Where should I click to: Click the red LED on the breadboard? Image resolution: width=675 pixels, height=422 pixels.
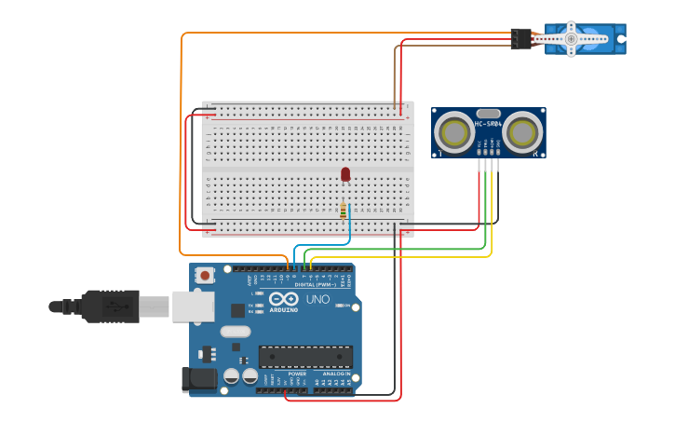coord(345,174)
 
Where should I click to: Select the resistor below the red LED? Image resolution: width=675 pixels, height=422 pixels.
coord(344,210)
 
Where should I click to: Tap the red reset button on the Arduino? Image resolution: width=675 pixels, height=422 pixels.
coord(204,275)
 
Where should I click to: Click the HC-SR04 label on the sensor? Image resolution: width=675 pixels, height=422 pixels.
coord(488,123)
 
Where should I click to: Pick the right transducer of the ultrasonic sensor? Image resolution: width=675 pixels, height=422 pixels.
coord(522,132)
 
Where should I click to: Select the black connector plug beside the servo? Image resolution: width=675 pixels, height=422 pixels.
coord(520,38)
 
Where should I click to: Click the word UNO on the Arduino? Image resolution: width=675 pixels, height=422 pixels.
coord(317,299)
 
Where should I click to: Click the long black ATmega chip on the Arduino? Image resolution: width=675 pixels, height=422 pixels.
coord(305,357)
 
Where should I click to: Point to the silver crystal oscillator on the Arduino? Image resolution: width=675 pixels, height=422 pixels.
coord(236,331)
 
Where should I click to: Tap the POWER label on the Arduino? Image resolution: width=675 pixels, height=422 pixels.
coord(283,374)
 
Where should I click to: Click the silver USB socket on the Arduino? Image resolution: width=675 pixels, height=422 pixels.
coord(193,306)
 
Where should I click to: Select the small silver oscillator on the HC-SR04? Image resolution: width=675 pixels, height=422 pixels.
coord(488,113)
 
